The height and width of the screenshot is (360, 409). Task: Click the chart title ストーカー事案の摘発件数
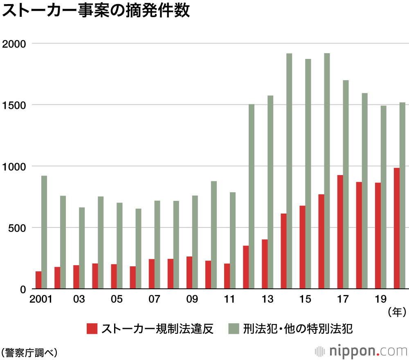tap(96, 11)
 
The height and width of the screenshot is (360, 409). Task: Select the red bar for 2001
tap(38, 280)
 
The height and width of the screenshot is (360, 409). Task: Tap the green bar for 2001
tap(44, 232)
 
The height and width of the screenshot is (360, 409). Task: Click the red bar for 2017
tap(340, 232)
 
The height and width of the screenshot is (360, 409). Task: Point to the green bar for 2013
tap(270, 192)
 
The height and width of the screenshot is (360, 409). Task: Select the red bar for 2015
tap(302, 247)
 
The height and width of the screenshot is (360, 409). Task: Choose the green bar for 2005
tap(119, 245)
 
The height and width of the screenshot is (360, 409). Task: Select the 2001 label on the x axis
tap(41, 299)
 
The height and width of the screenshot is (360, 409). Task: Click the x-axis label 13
tap(267, 299)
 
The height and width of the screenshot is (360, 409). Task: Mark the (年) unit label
tap(397, 313)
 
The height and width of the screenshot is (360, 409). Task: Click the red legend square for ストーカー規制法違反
tap(92, 328)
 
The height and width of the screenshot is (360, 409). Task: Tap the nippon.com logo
tap(362, 351)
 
